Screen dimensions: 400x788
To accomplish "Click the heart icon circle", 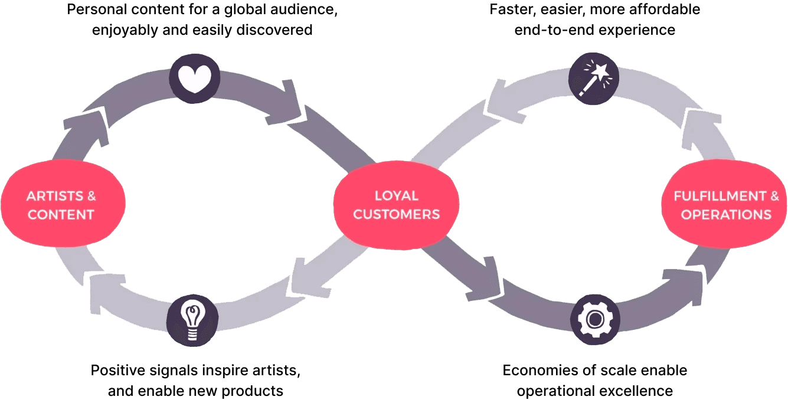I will coord(195,78).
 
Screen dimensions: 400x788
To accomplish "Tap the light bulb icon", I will coord(192,320).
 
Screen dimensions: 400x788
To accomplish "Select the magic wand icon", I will coord(594,78).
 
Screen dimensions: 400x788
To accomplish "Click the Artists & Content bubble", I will coord(62,205).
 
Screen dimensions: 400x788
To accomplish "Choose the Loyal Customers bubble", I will coord(396,205).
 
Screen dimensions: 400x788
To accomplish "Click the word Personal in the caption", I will coord(93,11).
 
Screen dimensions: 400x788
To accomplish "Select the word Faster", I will coord(511,11).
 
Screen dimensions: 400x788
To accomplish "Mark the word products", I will coord(256,391).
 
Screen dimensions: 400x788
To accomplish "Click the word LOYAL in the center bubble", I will coord(396,195).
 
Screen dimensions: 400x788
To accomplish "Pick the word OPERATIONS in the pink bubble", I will coord(726,214).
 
